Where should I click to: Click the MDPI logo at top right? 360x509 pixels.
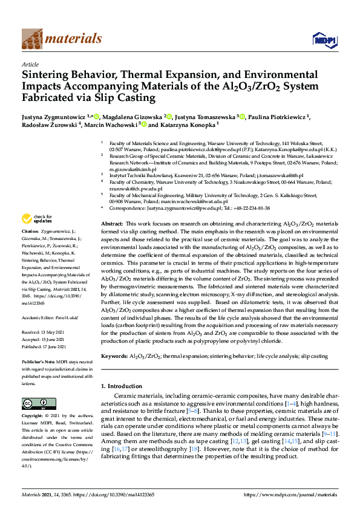(324, 40)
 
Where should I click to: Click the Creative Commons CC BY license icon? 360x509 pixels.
(35, 403)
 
